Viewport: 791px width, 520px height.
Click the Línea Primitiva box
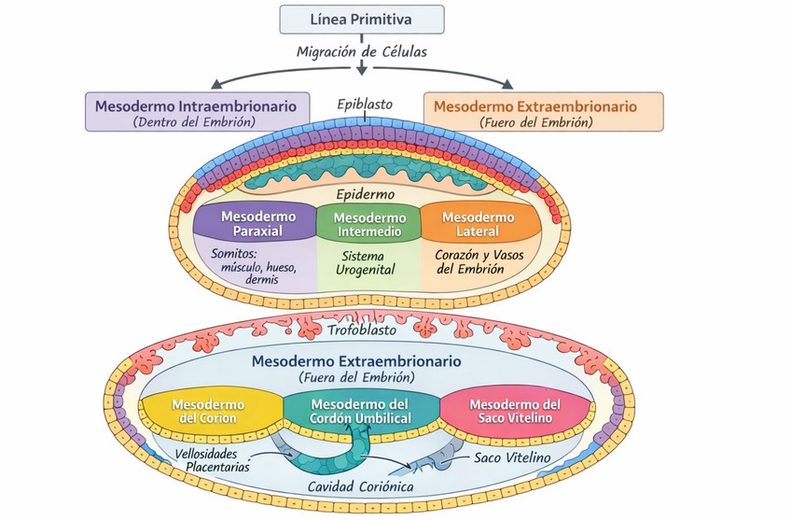362,20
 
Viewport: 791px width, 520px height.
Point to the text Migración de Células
361,52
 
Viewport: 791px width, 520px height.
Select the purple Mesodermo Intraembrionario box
196,112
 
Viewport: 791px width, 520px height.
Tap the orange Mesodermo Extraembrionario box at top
543,112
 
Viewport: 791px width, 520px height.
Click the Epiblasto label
365,105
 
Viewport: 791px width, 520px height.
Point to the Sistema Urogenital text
368,262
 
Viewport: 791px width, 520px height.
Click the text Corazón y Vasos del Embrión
470,260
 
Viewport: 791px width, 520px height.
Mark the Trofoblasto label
362,330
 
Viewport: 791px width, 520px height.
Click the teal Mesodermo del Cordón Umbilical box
360,411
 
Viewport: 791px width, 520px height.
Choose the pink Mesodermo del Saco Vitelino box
514,411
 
